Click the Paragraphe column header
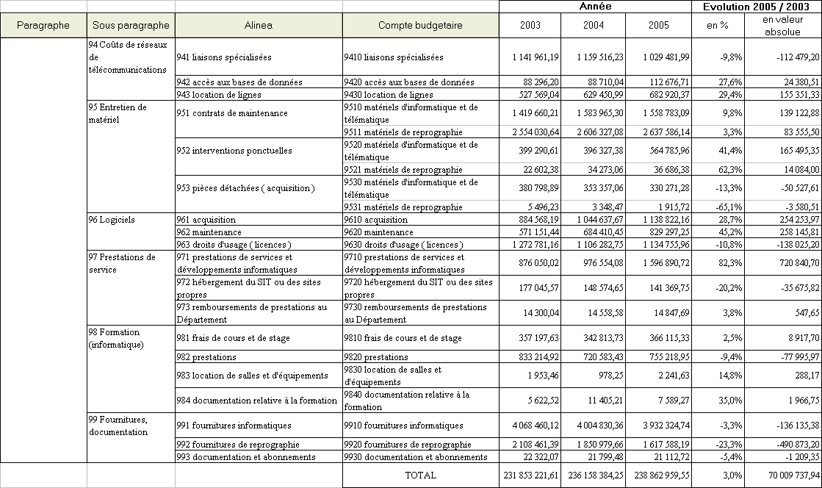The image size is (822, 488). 43,25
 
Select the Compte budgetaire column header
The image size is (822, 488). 420,25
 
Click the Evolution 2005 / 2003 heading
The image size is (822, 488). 756,6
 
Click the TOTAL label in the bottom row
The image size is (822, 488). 420,475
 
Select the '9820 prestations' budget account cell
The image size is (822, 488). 375,356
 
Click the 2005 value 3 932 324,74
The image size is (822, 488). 660,425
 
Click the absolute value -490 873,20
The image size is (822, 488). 790,444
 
